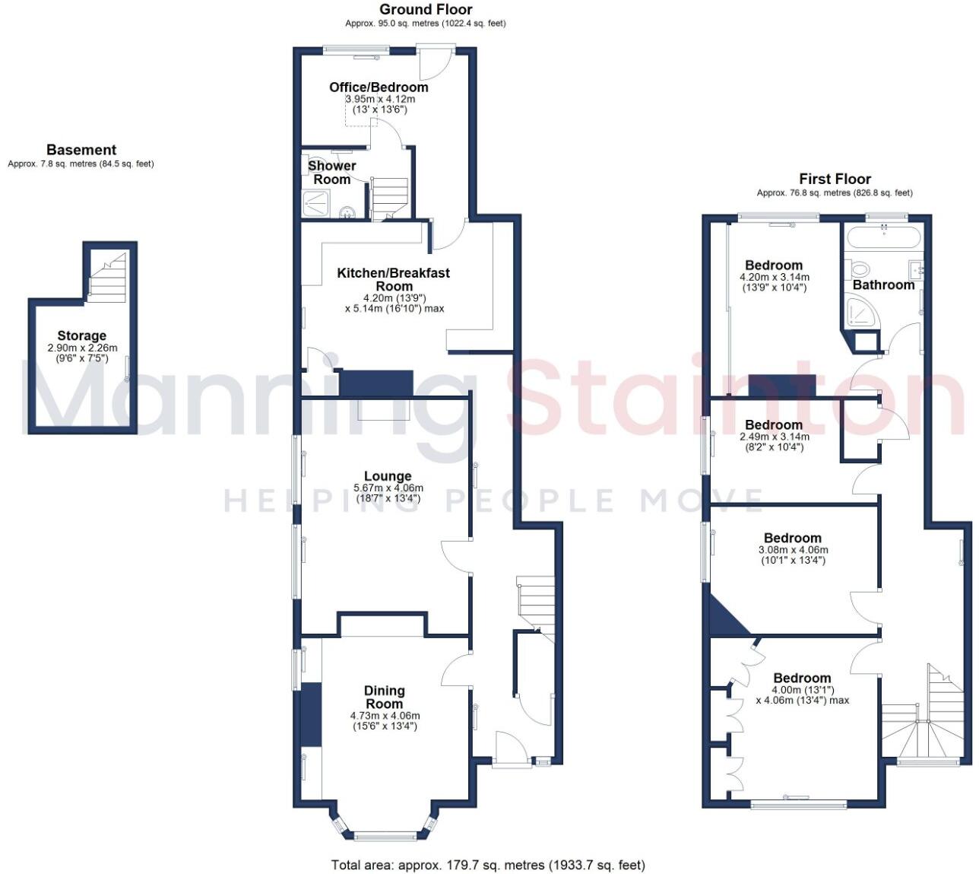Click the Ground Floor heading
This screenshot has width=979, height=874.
[426, 10]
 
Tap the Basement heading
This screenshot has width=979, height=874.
[81, 150]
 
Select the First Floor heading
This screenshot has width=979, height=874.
[835, 180]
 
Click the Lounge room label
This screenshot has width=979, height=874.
[388, 476]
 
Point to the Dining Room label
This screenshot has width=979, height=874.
[385, 697]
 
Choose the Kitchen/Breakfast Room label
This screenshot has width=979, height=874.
[394, 279]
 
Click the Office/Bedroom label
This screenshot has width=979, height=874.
[379, 87]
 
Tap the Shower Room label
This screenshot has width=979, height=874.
[332, 173]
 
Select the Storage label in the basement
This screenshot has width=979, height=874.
[82, 335]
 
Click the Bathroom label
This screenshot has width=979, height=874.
[883, 284]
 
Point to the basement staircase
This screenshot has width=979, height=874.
[106, 278]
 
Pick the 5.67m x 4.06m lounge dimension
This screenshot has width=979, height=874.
[388, 488]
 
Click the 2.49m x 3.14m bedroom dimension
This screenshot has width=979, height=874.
[775, 437]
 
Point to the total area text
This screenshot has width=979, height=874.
[488, 865]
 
